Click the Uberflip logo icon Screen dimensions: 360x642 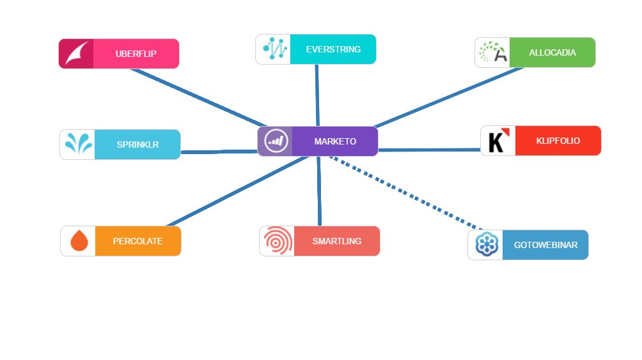click(76, 54)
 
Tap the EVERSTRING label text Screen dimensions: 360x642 click(333, 49)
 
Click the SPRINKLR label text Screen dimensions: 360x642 click(137, 145)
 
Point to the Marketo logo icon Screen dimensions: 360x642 click(276, 141)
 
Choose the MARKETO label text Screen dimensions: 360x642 click(335, 141)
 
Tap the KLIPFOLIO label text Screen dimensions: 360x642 click(558, 141)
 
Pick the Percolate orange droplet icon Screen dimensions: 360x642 click(79, 241)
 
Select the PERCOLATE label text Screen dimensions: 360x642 click(137, 241)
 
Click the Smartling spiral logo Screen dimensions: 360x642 click(277, 241)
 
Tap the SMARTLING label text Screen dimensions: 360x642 click(337, 241)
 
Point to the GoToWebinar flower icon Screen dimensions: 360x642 click(485, 245)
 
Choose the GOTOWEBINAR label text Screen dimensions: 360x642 click(545, 245)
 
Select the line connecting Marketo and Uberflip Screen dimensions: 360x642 click(198, 97)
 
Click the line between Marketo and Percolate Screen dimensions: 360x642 click(237, 191)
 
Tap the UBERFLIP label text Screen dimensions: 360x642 click(136, 54)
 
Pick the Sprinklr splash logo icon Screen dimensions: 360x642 click(77, 145)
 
